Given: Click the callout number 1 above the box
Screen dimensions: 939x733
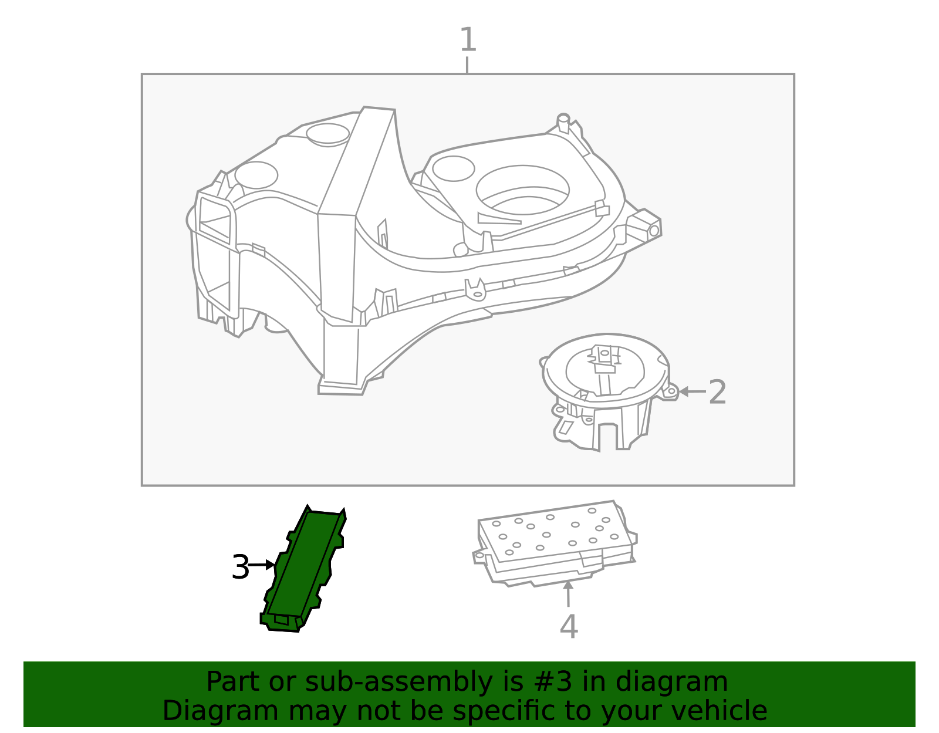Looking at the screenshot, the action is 468,39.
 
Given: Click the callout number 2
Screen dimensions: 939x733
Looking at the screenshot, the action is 717,392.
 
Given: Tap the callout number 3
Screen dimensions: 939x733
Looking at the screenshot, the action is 240,567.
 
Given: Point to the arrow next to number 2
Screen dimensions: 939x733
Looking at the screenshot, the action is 693,391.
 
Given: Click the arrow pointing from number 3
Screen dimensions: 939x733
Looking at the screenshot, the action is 261,565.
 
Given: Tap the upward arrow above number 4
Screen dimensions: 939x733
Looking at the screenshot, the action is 568,594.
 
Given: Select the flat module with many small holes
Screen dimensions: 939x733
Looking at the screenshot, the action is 555,543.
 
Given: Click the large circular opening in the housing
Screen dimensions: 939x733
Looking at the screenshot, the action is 523,190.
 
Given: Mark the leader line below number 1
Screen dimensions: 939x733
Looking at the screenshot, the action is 467,65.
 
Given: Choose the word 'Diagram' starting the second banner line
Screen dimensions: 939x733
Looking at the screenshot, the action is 221,711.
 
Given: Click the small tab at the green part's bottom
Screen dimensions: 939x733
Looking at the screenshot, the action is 281,619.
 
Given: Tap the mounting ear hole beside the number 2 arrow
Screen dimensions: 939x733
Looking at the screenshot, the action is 671,391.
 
